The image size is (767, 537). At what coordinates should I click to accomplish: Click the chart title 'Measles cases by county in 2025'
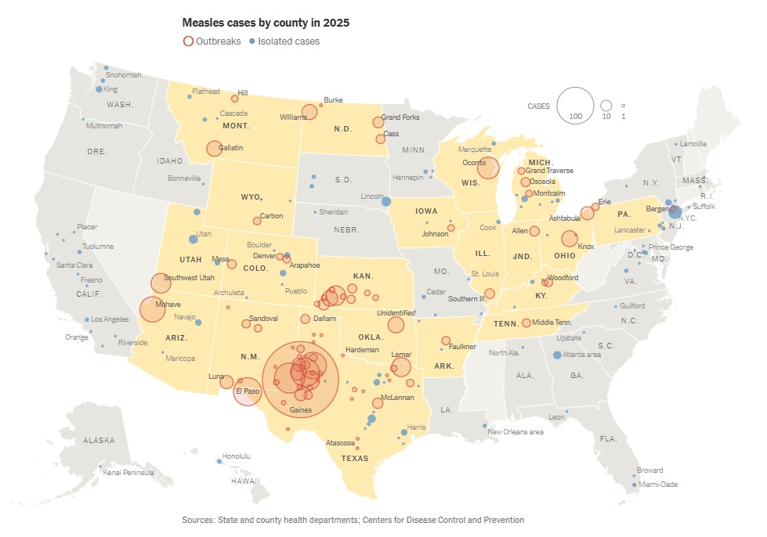tap(266, 23)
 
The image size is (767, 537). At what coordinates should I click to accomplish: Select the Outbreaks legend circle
tap(188, 41)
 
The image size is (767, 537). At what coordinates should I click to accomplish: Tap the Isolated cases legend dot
tap(251, 41)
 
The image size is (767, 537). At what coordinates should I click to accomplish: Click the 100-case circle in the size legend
tap(575, 105)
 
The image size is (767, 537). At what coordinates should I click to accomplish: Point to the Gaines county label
tap(301, 410)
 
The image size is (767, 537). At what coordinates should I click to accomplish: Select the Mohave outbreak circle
tap(153, 309)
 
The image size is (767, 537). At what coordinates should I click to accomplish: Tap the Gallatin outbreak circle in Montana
tap(214, 149)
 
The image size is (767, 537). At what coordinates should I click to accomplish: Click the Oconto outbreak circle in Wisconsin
tap(488, 168)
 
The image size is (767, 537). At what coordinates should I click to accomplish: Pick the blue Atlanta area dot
tap(556, 355)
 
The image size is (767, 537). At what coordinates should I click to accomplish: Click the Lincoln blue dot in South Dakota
tap(385, 202)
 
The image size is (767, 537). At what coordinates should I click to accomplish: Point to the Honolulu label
tap(236, 456)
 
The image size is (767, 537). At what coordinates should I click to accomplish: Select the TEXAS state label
tap(354, 459)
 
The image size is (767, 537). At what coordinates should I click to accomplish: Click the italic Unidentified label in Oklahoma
tap(396, 312)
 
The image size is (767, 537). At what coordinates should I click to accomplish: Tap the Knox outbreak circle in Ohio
tap(570, 239)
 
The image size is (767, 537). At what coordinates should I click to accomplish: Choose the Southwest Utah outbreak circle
tap(161, 283)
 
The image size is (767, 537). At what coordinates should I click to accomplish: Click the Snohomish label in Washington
tap(123, 75)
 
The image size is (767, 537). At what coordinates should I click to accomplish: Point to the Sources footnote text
tap(353, 520)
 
